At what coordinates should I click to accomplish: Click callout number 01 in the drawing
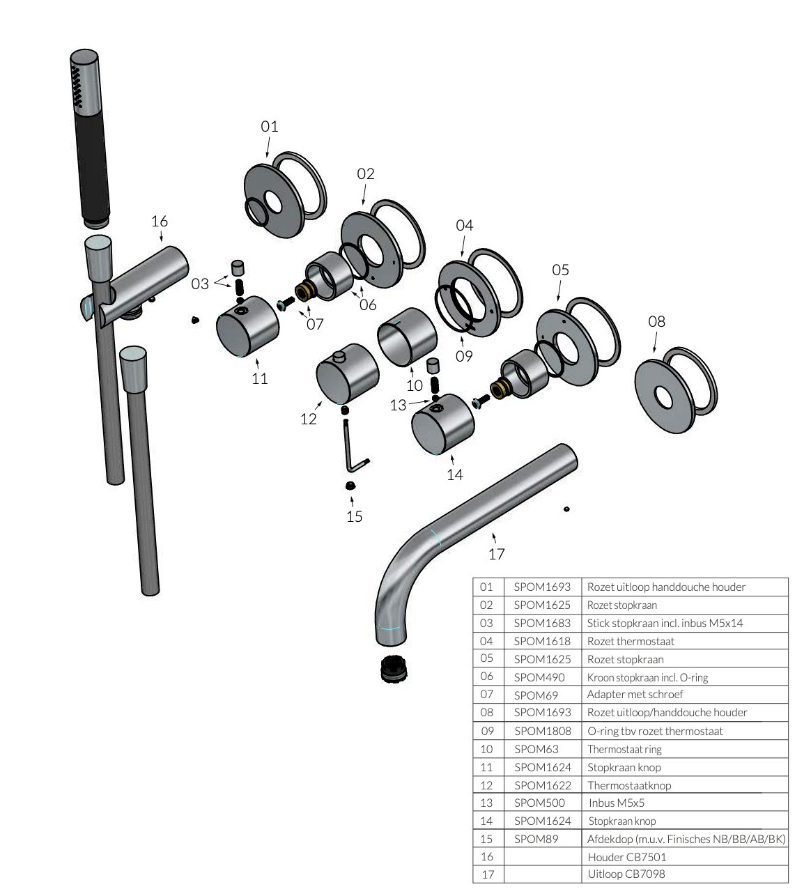(x=270, y=126)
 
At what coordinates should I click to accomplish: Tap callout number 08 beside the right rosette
(x=656, y=321)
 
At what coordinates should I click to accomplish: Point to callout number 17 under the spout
(x=496, y=554)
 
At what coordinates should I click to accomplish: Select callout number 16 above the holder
(x=160, y=221)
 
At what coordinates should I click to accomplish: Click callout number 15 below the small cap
(x=355, y=516)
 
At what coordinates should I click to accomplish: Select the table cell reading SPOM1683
(x=542, y=623)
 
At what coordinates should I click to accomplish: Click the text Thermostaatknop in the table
(x=628, y=785)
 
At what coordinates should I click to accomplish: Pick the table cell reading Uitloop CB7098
(x=631, y=874)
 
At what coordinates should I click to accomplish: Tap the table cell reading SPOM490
(x=539, y=677)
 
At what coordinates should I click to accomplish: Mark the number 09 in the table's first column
(x=487, y=731)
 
